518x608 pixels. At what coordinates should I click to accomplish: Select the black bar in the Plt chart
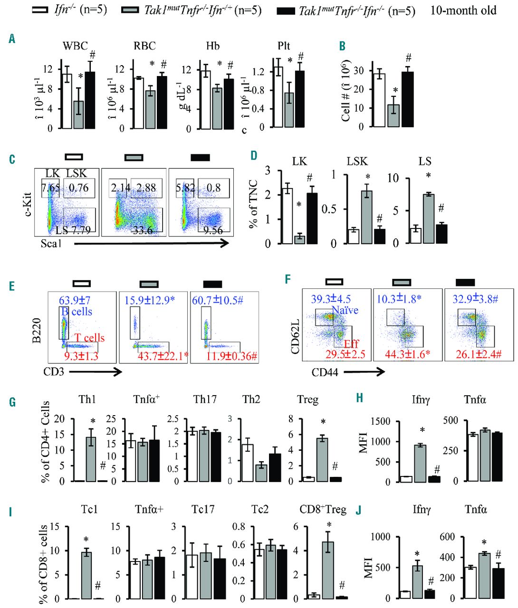point(299,99)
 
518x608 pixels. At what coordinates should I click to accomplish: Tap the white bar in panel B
point(379,100)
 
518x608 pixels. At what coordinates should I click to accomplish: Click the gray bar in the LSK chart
point(366,217)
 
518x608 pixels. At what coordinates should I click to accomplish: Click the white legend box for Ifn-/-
point(41,9)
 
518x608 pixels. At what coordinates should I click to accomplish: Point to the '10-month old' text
point(463,9)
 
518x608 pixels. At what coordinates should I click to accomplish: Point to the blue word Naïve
point(345,310)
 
